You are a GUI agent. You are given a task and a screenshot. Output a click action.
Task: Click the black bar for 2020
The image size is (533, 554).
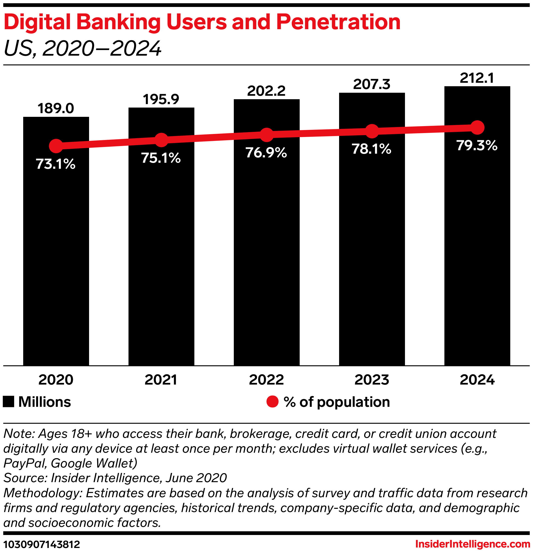(x=56, y=254)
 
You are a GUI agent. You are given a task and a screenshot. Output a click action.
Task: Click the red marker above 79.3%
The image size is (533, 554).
(x=477, y=127)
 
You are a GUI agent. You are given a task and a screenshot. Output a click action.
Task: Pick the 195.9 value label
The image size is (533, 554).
(x=161, y=99)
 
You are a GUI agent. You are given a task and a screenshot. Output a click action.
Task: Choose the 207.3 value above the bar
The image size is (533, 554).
(x=372, y=84)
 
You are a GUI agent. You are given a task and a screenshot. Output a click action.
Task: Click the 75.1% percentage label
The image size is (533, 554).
(x=161, y=158)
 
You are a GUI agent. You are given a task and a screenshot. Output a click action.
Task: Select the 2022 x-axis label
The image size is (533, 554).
(x=266, y=380)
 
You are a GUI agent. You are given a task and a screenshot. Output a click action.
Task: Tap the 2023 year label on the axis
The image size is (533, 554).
(x=372, y=380)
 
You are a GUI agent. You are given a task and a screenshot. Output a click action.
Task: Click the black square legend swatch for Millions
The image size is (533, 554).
(x=9, y=402)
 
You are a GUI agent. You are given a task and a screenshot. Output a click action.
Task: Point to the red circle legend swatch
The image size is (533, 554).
(x=272, y=402)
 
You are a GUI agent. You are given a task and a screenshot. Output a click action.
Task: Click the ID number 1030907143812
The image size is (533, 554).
(x=42, y=544)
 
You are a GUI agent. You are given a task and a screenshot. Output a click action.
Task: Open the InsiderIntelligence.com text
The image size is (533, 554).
(x=472, y=544)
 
